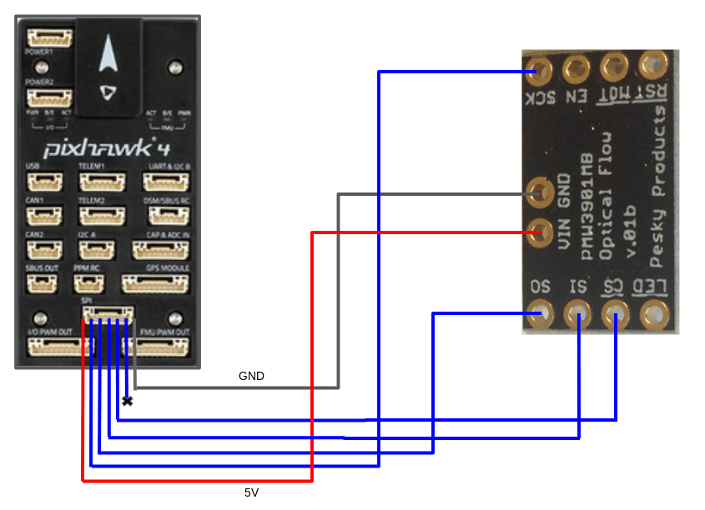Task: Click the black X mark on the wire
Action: pyautogui.click(x=127, y=402)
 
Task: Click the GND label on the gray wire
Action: pyautogui.click(x=251, y=377)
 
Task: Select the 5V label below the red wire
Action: pyautogui.click(x=252, y=493)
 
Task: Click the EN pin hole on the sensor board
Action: pyautogui.click(x=575, y=67)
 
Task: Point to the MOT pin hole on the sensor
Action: pyautogui.click(x=614, y=66)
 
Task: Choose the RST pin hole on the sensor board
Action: pyautogui.click(x=652, y=65)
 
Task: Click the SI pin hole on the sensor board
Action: pyautogui.click(x=577, y=314)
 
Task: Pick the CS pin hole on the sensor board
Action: pyautogui.click(x=615, y=314)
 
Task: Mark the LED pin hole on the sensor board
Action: pyautogui.click(x=652, y=314)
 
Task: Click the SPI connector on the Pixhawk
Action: pyautogui.click(x=107, y=314)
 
